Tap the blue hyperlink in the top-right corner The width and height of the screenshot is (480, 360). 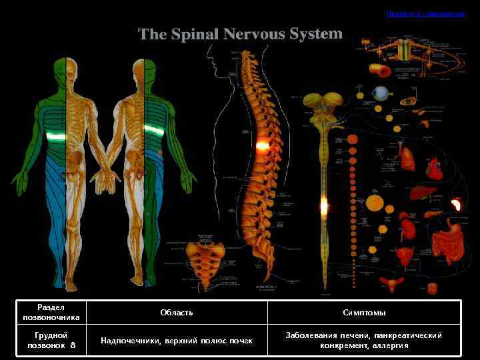(x=425, y=13)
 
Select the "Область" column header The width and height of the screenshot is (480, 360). (x=177, y=313)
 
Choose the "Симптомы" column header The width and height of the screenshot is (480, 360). (x=364, y=313)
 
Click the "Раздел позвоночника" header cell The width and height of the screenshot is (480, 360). (x=51, y=313)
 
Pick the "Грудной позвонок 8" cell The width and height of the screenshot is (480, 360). (x=51, y=341)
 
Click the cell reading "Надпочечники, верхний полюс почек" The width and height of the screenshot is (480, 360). (x=177, y=341)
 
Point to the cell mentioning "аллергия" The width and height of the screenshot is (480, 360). (x=364, y=341)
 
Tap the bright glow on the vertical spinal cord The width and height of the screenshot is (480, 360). (x=324, y=206)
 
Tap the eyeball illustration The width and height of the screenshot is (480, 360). (x=381, y=93)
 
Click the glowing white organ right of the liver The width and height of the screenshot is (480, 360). (x=457, y=204)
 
